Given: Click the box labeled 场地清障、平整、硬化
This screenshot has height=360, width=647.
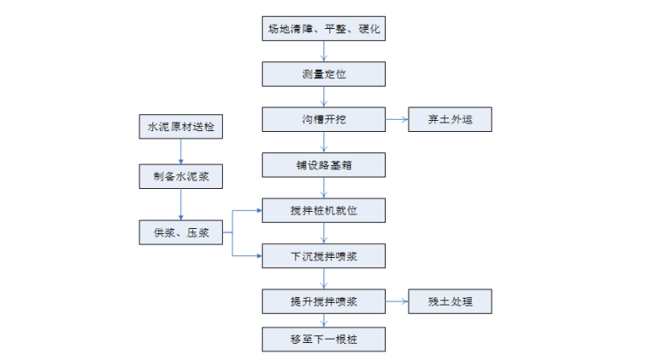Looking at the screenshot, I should click(x=323, y=29).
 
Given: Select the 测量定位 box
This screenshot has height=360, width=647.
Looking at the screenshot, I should click(x=323, y=74).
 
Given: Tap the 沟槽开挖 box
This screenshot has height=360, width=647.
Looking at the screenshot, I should click(x=323, y=119).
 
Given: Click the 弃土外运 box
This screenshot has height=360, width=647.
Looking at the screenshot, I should click(x=449, y=119).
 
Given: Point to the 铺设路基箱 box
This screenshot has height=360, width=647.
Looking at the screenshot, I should click(x=323, y=164).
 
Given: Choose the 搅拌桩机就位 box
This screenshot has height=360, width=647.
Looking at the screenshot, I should click(x=323, y=209).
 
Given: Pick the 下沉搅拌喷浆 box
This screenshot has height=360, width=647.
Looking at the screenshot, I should click(x=323, y=254).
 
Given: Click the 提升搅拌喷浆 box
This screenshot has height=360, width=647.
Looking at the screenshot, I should click(x=323, y=300).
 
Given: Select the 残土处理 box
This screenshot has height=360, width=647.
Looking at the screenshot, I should click(x=449, y=300).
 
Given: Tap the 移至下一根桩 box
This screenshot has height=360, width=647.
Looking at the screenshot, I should click(x=323, y=340).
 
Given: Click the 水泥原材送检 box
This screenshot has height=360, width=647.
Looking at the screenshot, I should click(x=180, y=129).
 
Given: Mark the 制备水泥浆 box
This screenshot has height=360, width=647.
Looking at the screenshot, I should click(x=180, y=176).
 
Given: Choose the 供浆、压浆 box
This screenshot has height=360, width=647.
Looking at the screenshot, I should click(x=180, y=231).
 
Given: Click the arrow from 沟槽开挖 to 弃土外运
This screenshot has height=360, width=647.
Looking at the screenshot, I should click(x=397, y=119).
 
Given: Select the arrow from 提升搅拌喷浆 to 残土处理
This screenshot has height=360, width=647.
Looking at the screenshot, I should click(x=397, y=300).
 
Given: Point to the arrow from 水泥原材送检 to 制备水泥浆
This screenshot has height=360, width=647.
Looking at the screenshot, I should click(x=180, y=152).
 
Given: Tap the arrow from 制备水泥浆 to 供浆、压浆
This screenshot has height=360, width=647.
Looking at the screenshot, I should click(x=180, y=203).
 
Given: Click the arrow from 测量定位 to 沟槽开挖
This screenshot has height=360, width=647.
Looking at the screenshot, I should click(x=323, y=96).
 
